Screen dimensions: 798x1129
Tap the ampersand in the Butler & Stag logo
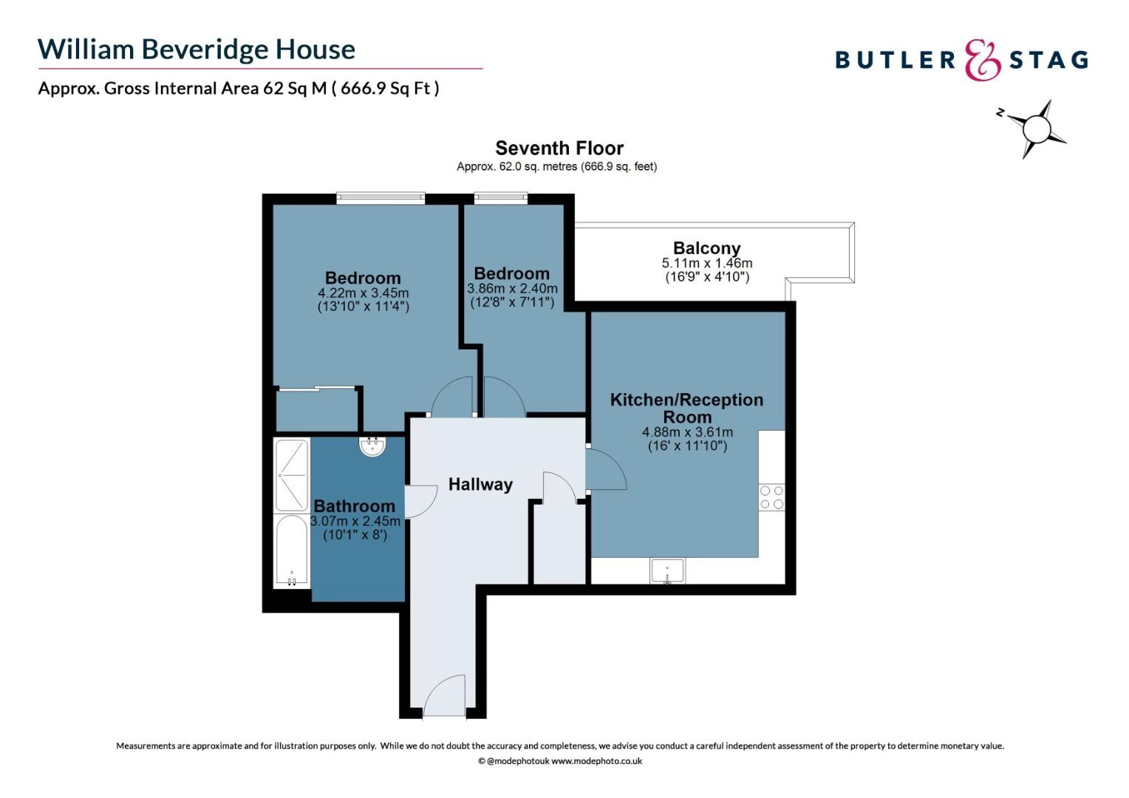coord(982,60)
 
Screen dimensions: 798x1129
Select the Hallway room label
coord(480,485)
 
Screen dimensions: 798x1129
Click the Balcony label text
coord(706,248)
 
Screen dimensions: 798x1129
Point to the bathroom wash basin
coord(372,446)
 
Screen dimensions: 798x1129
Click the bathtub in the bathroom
coord(291,551)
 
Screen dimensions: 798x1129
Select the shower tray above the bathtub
coord(291,474)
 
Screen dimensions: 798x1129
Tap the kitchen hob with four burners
coord(771,497)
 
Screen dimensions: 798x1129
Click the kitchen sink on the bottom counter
coord(667,571)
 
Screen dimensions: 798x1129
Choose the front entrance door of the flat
coord(445,696)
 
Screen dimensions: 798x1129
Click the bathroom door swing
coord(420,502)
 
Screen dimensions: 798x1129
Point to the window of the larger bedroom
coord(381,197)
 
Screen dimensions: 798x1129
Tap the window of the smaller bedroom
coord(501,197)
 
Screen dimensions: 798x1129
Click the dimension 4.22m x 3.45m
coord(363,293)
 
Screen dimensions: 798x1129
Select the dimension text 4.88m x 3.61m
coord(687,432)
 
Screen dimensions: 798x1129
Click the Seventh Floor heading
coord(559,149)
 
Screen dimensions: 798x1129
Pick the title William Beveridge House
coord(197,50)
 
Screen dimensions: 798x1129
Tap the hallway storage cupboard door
coord(559,488)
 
